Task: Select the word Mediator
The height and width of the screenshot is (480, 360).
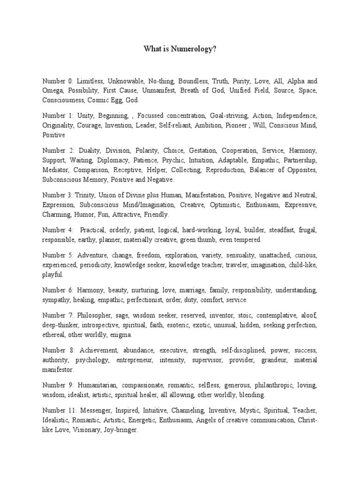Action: (55, 170)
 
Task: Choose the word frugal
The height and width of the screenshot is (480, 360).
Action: (307, 230)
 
